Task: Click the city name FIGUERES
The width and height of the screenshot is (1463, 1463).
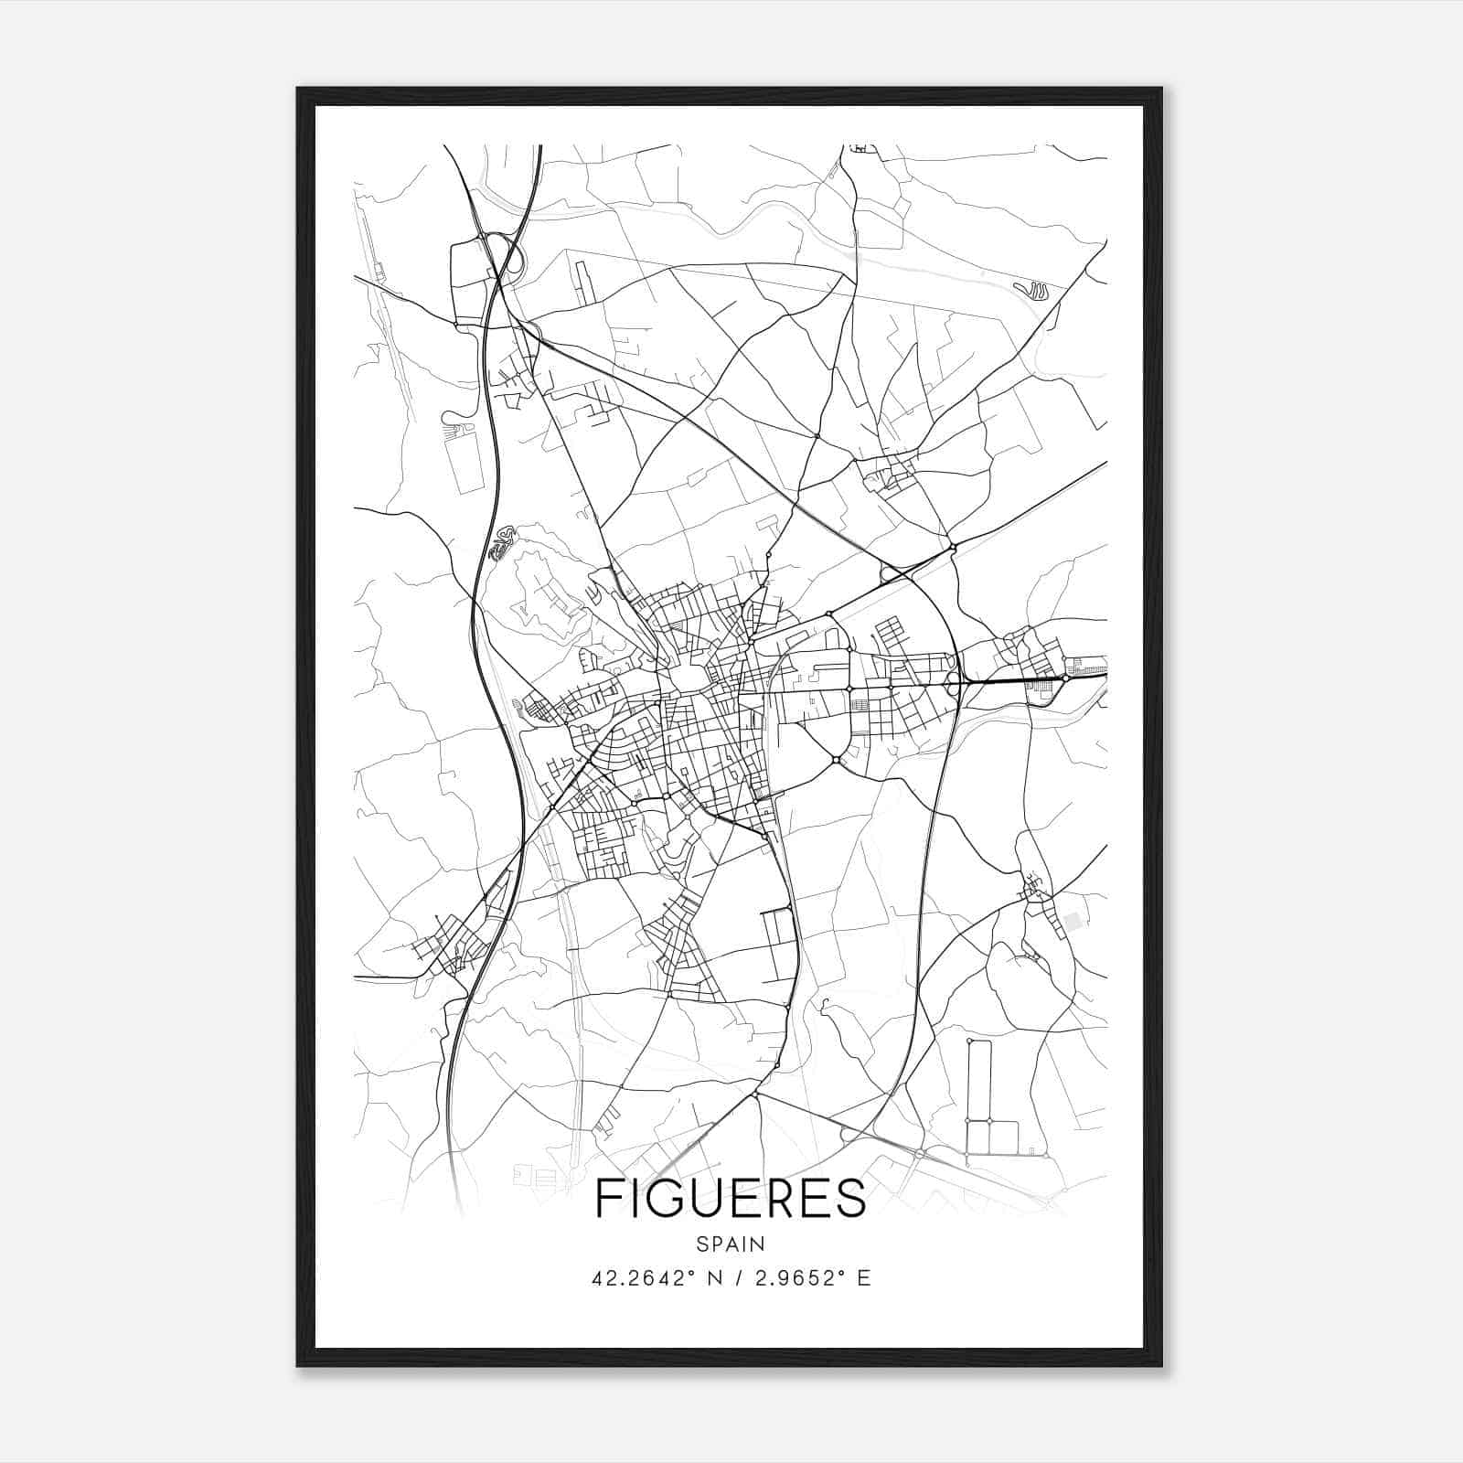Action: pos(731,1198)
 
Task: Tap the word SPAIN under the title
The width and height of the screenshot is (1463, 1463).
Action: pos(731,1244)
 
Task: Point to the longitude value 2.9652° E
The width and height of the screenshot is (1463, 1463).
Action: pos(811,1278)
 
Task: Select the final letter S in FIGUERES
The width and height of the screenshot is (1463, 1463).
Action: pos(851,1198)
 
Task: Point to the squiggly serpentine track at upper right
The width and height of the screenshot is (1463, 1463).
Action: pos(1033,292)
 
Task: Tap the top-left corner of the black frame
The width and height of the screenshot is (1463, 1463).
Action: pos(299,90)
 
